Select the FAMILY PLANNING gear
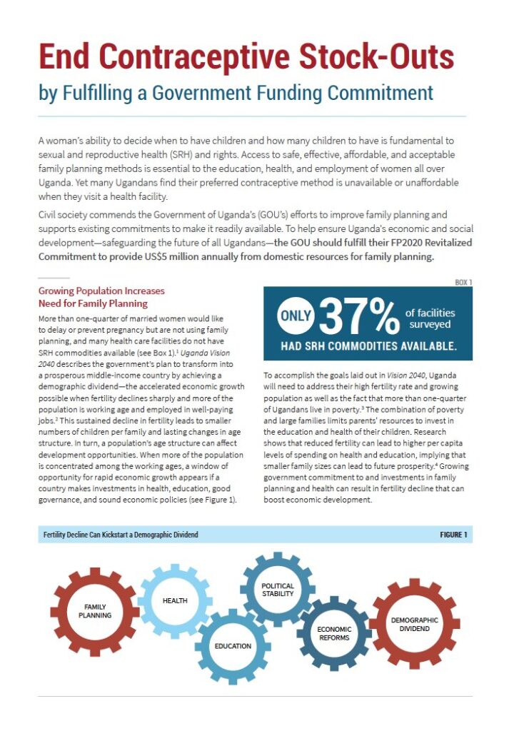pyautogui.click(x=94, y=610)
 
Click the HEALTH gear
pyautogui.click(x=174, y=600)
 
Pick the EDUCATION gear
pyautogui.click(x=233, y=645)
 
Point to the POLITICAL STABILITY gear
pyautogui.click(x=278, y=590)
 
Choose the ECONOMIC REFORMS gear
pyautogui.click(x=334, y=633)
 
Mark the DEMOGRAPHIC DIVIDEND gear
pyautogui.click(x=414, y=624)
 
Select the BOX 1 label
pyautogui.click(x=463, y=283)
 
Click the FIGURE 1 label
pyautogui.click(x=453, y=535)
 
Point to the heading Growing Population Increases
pyautogui.click(x=101, y=291)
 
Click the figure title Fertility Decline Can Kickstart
pyautogui.click(x=121, y=535)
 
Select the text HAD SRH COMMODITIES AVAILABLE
pyautogui.click(x=368, y=347)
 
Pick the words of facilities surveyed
pyautogui.click(x=430, y=318)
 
